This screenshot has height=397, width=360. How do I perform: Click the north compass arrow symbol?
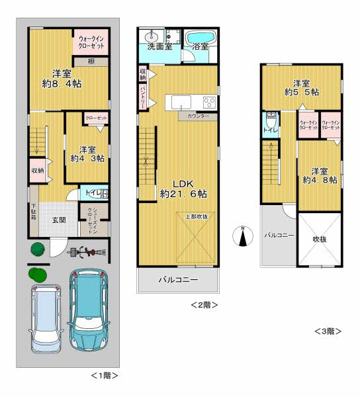tap(243, 236)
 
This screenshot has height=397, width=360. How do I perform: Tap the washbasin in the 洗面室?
tap(150, 35)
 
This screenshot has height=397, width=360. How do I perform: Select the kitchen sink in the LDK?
tap(181, 102)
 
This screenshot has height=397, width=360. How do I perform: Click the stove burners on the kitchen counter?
tap(209, 103)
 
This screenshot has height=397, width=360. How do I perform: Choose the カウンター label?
tap(198, 116)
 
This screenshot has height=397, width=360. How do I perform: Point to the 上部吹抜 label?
tap(196, 216)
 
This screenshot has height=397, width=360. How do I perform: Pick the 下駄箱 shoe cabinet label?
tap(33, 215)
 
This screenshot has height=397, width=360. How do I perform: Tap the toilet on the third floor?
tap(271, 122)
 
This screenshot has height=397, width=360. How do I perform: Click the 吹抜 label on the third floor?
tap(320, 239)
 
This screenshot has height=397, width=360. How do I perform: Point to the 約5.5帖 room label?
tap(301, 89)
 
